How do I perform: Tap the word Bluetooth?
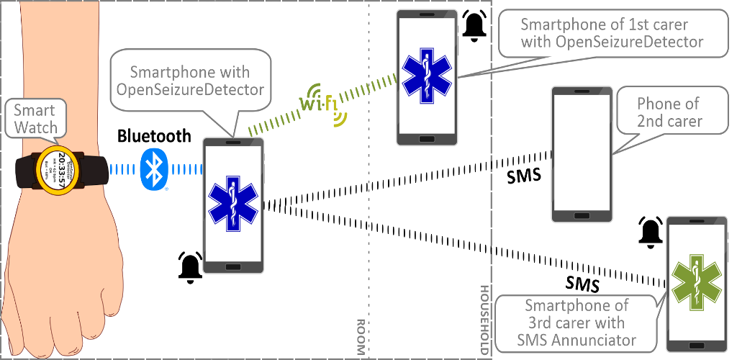coord(154,135)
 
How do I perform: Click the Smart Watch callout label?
coord(35,120)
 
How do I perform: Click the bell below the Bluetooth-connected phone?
coord(190,268)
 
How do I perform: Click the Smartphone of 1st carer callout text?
coord(611,33)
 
